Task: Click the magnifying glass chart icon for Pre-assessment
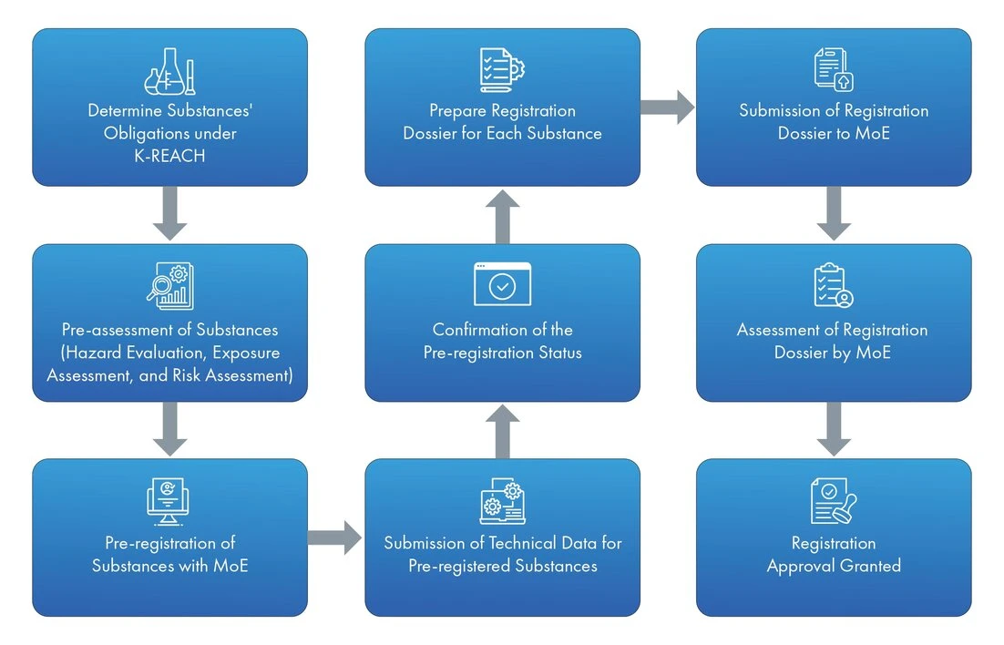(169, 285)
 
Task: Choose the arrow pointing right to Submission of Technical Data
(335, 537)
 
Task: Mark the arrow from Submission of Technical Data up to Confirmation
(502, 431)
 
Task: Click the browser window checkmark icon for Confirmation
(502, 285)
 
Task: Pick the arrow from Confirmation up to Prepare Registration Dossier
(502, 216)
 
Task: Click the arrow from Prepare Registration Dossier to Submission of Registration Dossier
(667, 107)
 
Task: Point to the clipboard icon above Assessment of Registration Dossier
(833, 285)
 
